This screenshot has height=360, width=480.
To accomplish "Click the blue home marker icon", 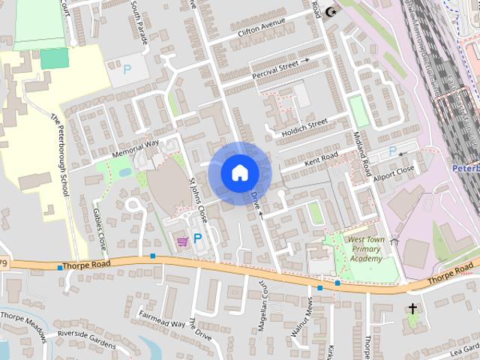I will tap(239, 172).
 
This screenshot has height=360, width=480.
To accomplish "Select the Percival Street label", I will tap(280, 68).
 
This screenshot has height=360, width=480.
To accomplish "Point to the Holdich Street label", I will tap(304, 128).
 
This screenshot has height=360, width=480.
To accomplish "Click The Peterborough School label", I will tap(60, 154).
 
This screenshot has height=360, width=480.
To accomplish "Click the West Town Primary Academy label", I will tap(365, 249).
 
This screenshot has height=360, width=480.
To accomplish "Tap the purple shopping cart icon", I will tap(182, 241).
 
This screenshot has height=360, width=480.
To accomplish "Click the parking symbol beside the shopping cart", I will tap(198, 238).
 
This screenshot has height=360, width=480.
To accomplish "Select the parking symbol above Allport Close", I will tap(392, 151).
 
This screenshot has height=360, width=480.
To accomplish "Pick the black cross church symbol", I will tap(412, 308).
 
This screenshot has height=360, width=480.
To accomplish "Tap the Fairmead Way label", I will tap(161, 320).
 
